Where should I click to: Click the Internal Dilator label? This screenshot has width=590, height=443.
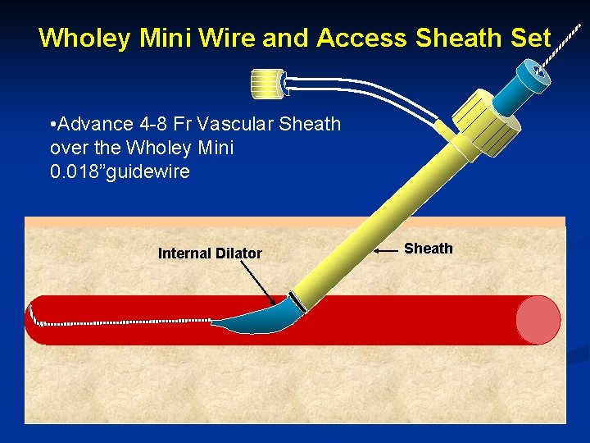point(210,253)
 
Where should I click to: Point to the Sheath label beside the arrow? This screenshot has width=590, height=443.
point(428,249)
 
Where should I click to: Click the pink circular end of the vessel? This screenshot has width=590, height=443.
point(538,319)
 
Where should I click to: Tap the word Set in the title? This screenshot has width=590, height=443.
point(530,38)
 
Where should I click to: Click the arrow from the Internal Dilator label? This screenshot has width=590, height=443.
point(266,283)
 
